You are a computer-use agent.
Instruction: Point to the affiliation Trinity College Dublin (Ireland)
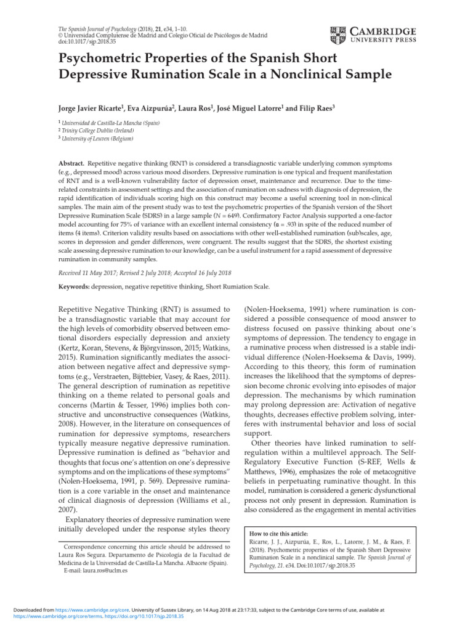(x=99, y=131)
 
